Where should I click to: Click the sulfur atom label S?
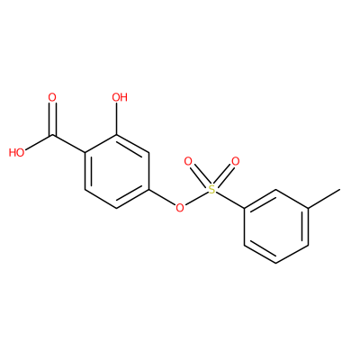pos(211,189)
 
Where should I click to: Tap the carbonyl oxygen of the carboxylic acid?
pos(52,97)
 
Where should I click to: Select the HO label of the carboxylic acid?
pos(17,153)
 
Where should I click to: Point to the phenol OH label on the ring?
pos(120,97)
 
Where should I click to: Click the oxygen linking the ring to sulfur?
pos(180,207)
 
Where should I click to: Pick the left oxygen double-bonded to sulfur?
pos(188,162)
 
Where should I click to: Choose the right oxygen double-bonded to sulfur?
pos(236,162)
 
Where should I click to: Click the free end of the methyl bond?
pos(340,189)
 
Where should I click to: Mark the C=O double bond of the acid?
pos(52,120)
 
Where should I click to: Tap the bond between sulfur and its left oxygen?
pos(200,175)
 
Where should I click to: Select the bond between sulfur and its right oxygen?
pos(224,175)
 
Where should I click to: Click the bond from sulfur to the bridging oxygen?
pos(196,198)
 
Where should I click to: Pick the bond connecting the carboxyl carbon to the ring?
pos(69,144)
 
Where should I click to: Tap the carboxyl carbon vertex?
pos(52,135)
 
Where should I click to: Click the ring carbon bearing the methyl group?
pos(308,208)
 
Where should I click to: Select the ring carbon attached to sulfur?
pos(244,208)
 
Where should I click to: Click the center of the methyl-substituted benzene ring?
pos(276,227)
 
